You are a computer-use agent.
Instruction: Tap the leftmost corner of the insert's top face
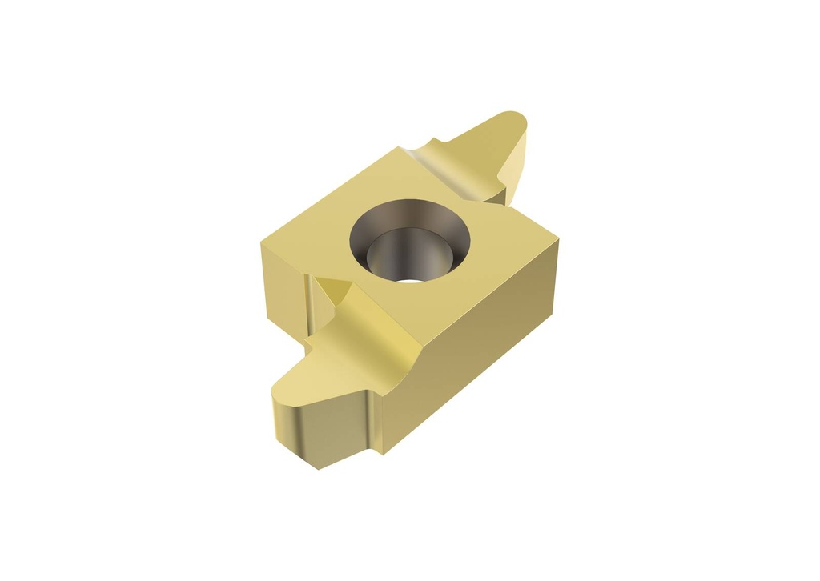point(261,239)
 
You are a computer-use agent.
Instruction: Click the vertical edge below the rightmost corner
point(555,272)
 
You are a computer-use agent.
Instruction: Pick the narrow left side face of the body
point(280,280)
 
